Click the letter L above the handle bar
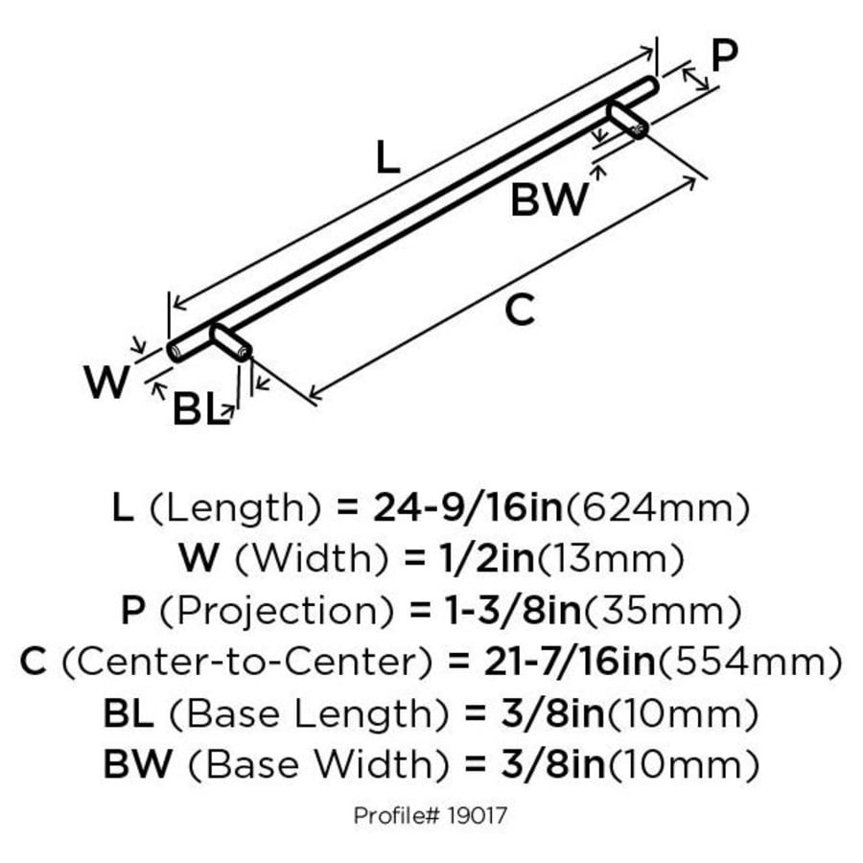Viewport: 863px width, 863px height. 387,157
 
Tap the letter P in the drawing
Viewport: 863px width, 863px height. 724,57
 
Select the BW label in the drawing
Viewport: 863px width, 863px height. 549,199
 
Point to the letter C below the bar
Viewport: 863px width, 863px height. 520,310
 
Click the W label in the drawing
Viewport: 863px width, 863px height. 106,382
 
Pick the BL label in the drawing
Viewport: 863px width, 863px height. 198,408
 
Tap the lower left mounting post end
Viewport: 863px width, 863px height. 243,352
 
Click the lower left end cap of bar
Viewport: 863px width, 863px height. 175,352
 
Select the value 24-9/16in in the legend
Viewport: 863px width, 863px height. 468,507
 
